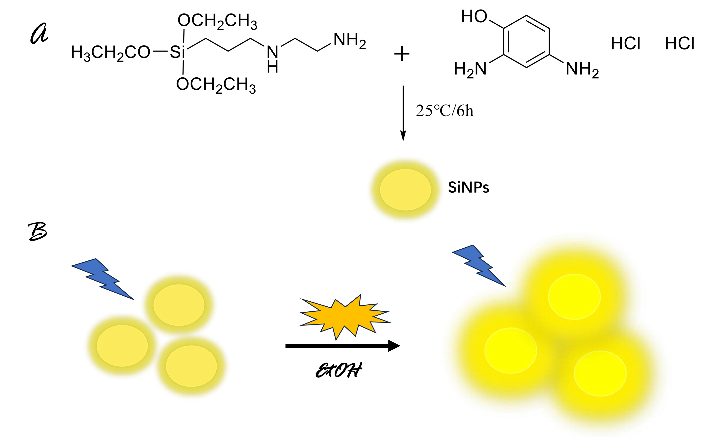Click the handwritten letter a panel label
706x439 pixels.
click(x=39, y=34)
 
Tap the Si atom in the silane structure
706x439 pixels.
click(x=177, y=52)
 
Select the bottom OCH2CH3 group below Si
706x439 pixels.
click(x=216, y=85)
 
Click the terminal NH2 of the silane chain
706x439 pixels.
click(x=350, y=40)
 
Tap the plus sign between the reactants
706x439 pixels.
click(x=402, y=54)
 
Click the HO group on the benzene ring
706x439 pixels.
click(x=474, y=17)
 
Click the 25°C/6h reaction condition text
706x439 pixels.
click(x=445, y=111)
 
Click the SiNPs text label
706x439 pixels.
click(x=468, y=188)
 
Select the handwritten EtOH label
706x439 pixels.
click(x=339, y=370)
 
